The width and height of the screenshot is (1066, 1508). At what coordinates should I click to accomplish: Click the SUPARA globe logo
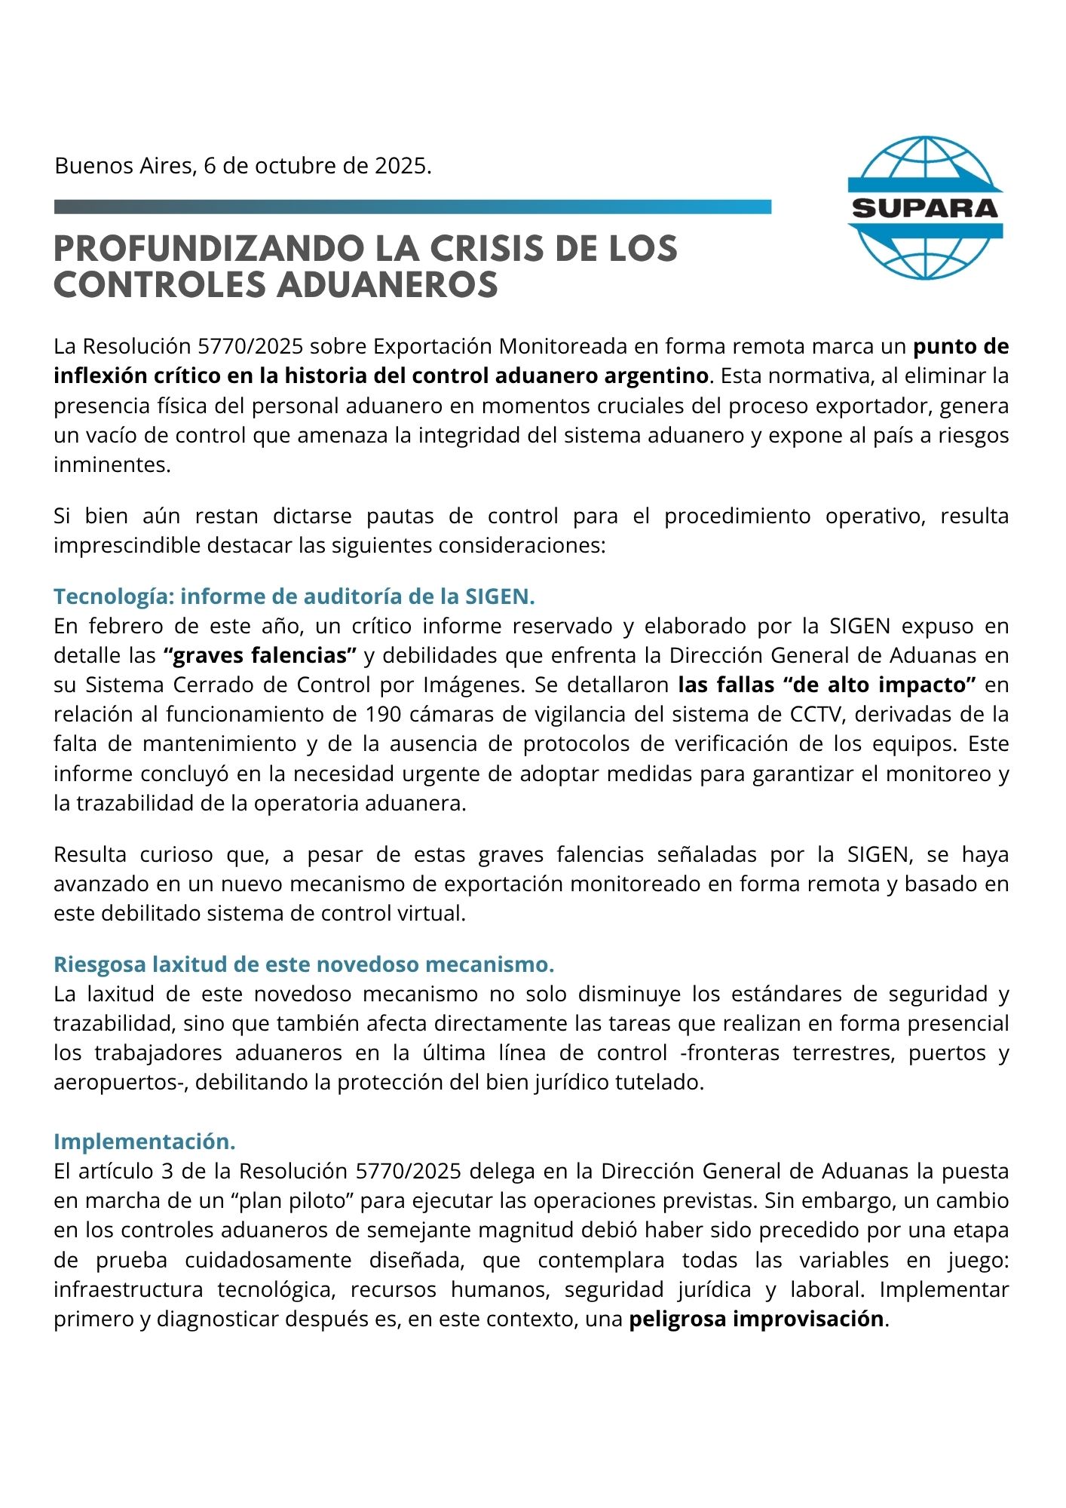925,208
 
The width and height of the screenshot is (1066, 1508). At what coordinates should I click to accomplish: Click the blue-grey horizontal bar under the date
412,207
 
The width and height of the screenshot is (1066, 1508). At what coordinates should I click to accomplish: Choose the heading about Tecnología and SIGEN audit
294,596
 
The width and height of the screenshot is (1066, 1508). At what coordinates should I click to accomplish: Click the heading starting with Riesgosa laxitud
304,964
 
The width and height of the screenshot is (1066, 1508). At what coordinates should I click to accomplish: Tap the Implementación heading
145,1142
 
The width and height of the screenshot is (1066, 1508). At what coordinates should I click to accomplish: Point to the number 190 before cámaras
384,714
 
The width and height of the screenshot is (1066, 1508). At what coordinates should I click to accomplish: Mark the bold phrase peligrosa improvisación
756,1319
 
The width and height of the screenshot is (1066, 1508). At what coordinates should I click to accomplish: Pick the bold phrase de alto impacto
880,685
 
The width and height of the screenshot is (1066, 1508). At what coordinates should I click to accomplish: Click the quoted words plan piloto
296,1200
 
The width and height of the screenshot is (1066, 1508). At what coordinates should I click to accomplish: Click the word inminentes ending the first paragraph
112,464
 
